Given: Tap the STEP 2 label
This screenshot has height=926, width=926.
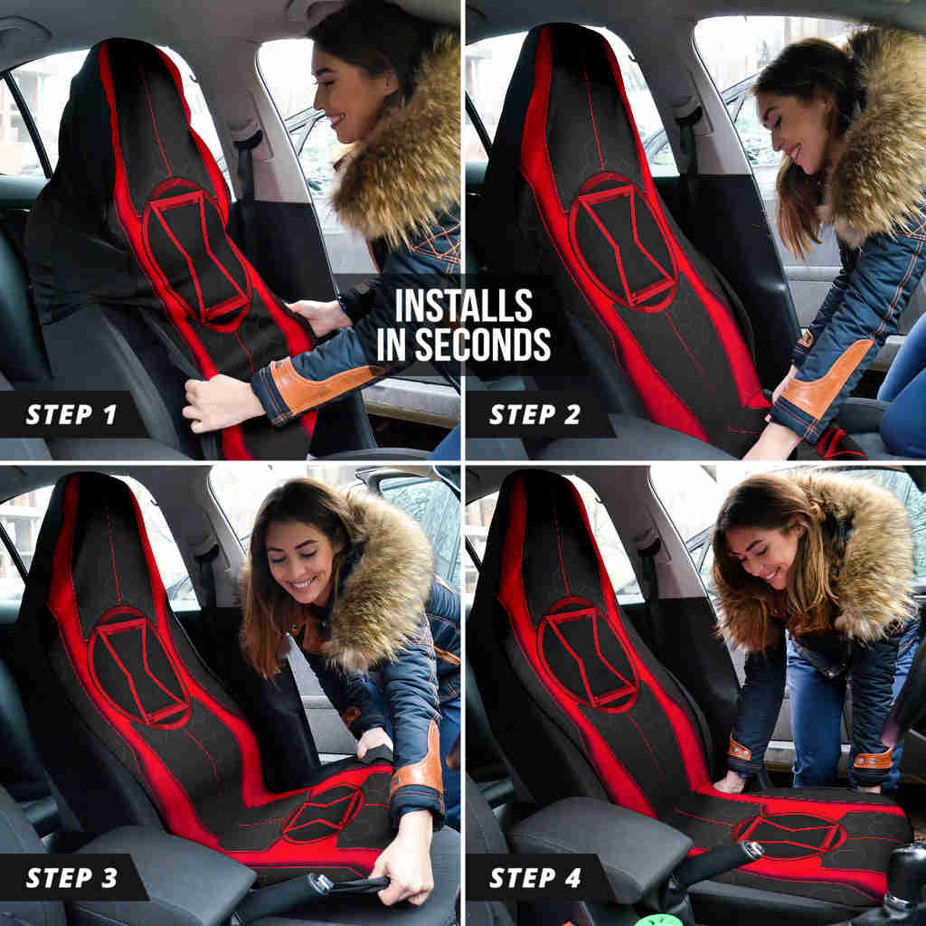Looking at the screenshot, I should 536,415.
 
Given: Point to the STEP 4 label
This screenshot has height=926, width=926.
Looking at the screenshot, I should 536,877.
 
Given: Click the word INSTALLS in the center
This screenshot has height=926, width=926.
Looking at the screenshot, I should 463,307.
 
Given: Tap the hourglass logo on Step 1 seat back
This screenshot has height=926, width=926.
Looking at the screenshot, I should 196,253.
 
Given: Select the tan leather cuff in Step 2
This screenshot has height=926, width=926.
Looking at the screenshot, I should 823,381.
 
